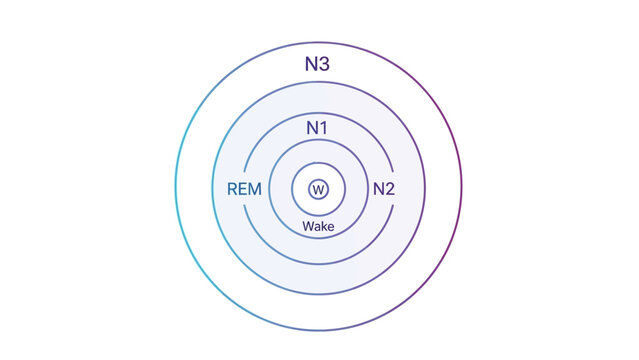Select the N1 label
(318, 129)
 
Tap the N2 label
(384, 189)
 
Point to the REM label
(245, 189)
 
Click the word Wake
(318, 226)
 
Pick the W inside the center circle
(318, 189)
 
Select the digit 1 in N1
(325, 129)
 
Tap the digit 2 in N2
(391, 189)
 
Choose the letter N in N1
(312, 129)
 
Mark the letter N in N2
(378, 189)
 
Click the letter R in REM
(233, 189)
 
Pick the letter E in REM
(244, 189)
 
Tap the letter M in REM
(257, 189)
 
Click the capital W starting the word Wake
(307, 226)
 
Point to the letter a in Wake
(315, 227)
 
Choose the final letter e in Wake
(330, 227)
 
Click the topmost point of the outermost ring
(318, 44)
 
